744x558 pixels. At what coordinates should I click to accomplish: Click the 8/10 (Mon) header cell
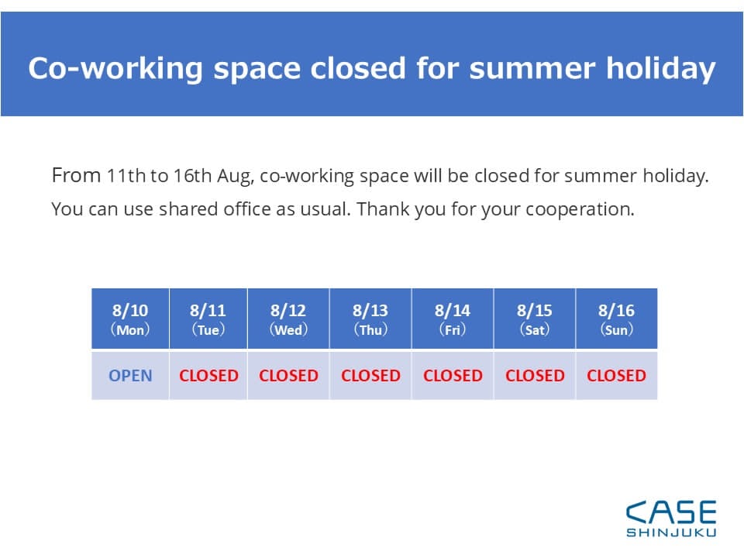(130, 319)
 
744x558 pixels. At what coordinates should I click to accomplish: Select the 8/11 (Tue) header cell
(208, 319)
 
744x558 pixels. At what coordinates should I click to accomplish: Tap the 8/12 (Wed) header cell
(288, 319)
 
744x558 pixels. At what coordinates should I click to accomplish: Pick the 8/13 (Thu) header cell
(370, 319)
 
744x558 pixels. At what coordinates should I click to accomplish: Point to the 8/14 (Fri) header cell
(453, 319)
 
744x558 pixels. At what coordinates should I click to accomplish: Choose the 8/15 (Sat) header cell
(535, 319)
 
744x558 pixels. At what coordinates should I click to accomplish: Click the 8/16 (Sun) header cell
(616, 319)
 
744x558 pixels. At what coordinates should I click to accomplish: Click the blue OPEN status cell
(130, 375)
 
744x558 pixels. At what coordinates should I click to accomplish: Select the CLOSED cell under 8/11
(208, 375)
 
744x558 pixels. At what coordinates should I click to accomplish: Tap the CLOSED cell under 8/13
(370, 375)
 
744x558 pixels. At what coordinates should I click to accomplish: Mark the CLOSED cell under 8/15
(535, 375)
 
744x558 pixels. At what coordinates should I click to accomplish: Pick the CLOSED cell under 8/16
(616, 375)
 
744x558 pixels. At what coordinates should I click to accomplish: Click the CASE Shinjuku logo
(671, 518)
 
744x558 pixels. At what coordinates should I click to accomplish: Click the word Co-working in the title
(115, 69)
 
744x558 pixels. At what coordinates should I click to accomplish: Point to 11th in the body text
(126, 176)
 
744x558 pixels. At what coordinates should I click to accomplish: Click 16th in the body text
(192, 176)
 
